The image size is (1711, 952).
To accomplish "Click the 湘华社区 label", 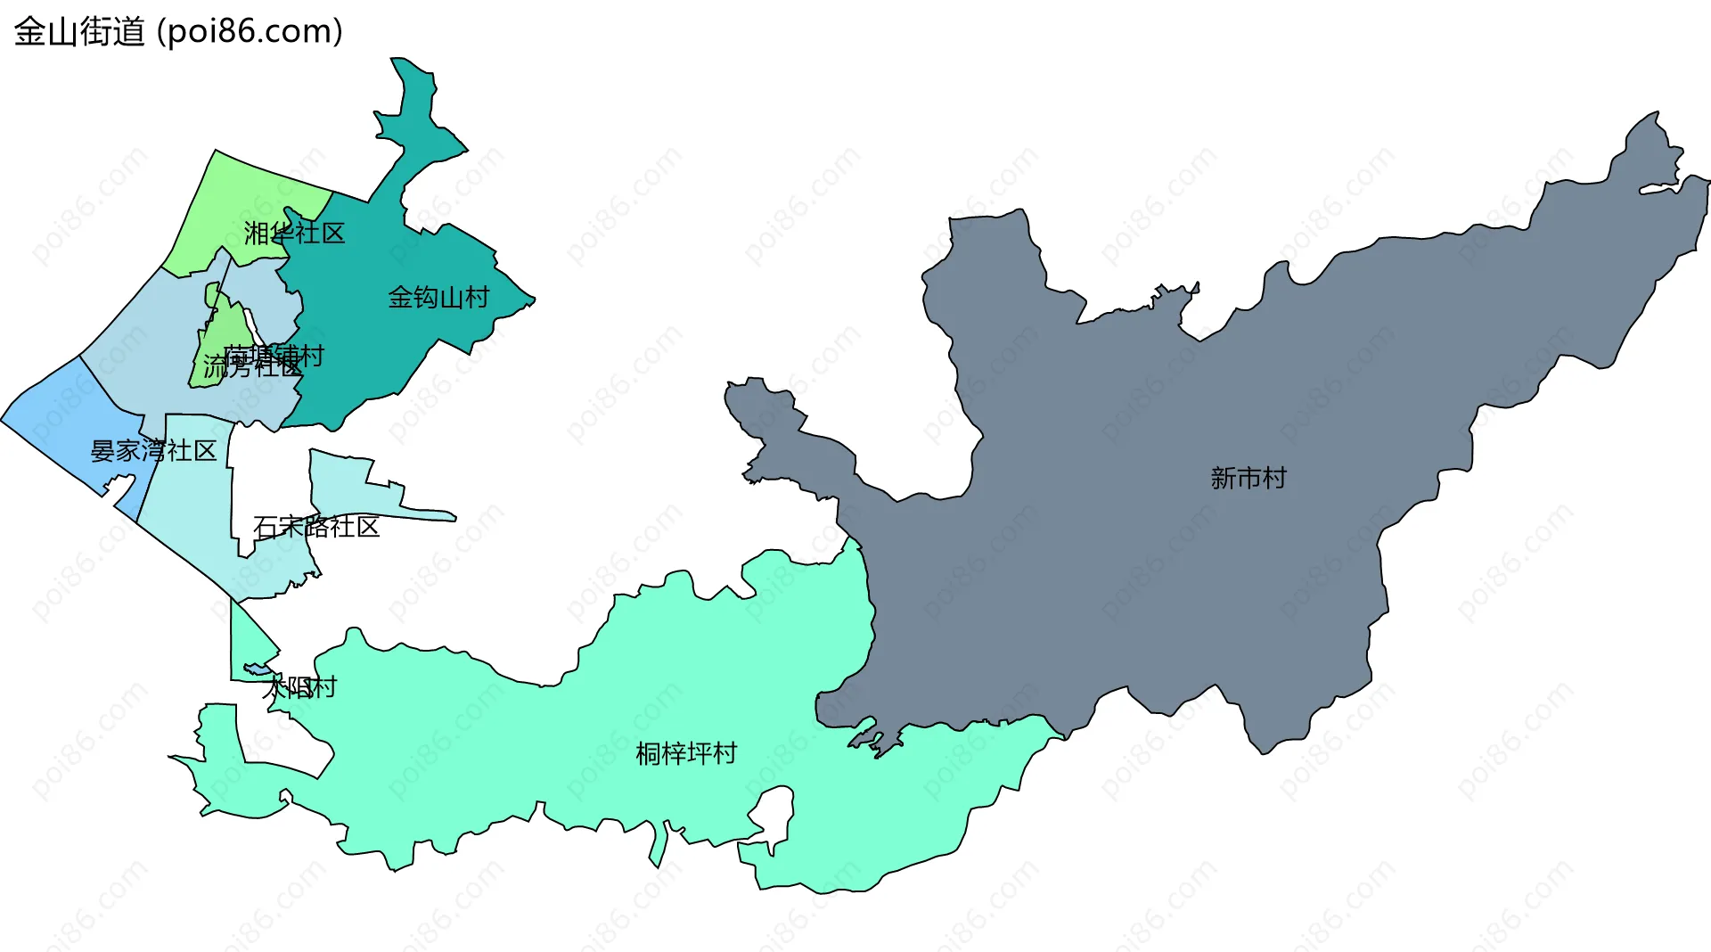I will click(294, 234).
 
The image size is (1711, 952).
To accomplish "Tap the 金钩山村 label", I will click(438, 297).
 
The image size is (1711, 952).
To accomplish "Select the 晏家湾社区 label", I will click(153, 451).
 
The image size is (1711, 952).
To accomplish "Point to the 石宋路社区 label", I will click(316, 527).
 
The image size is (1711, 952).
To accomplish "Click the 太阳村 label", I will click(300, 687).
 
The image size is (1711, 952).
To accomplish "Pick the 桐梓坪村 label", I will click(686, 754).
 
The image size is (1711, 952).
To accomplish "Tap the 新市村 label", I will click(1248, 479).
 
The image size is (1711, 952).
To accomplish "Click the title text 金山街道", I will click(79, 32).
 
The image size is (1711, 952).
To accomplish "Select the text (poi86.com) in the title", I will click(250, 32).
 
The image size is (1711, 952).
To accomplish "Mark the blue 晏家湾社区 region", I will click(62, 419).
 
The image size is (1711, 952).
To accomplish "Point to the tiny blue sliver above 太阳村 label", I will click(258, 669).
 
